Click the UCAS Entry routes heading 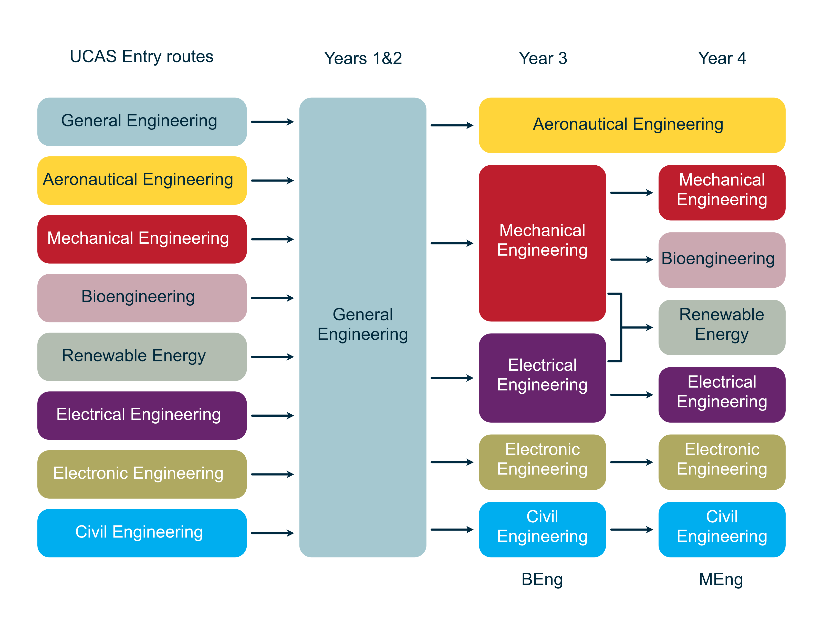coord(141,57)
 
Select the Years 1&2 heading coord(363,58)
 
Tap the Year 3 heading coord(543,58)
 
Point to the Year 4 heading coord(722,58)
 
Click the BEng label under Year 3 coord(542,579)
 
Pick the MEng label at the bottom coord(721,579)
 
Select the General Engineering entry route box coord(142,122)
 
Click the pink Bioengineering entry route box coord(142,298)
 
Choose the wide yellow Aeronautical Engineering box coord(632,125)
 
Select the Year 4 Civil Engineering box coord(722,529)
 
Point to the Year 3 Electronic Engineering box coord(542,462)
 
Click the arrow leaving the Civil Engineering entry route coord(272,533)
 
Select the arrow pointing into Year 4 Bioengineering coord(631,260)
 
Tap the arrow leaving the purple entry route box coord(272,415)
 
